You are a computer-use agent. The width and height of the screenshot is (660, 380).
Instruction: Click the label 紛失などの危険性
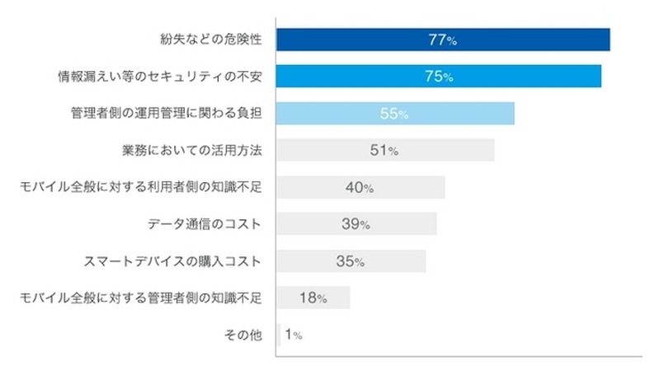(210, 40)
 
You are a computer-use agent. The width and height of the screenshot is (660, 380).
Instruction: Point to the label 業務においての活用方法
(191, 151)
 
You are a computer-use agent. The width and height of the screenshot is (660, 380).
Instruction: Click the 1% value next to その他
(293, 335)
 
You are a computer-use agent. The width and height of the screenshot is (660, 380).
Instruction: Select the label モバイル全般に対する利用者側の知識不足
(140, 187)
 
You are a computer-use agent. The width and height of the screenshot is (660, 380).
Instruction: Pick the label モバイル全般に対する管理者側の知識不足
(140, 298)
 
